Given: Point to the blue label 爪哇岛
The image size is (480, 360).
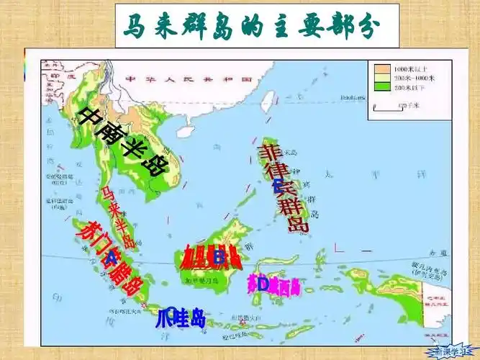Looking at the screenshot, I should click(181, 318).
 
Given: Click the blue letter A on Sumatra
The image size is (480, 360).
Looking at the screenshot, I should click(112, 257).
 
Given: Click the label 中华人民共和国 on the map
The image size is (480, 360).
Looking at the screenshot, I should click(169, 78).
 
